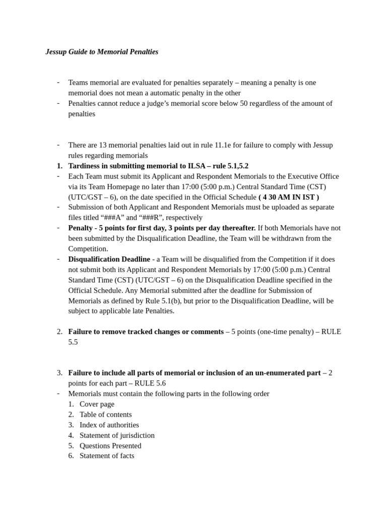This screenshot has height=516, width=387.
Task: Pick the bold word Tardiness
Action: (85, 166)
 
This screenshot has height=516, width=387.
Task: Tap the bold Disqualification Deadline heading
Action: (109, 259)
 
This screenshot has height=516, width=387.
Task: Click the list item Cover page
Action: (97, 404)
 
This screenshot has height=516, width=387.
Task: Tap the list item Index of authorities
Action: (109, 425)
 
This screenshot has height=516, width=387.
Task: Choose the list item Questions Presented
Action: (110, 445)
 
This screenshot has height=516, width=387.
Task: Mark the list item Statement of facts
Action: (107, 456)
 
